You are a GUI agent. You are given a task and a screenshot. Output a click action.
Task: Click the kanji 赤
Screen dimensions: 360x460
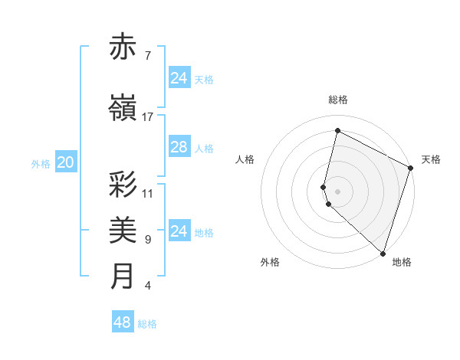tap(123, 47)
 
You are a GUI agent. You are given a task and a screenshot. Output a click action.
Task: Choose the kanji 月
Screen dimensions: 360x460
tap(123, 277)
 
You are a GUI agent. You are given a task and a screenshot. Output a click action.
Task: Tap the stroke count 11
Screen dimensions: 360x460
tap(148, 194)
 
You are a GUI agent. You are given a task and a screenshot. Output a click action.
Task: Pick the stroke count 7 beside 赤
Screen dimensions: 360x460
tap(148, 56)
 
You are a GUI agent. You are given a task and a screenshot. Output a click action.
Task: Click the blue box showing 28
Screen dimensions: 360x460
tap(179, 147)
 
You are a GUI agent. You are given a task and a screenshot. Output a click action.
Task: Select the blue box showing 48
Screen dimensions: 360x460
tap(123, 322)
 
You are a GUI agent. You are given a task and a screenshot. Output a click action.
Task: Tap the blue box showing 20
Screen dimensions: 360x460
tap(66, 162)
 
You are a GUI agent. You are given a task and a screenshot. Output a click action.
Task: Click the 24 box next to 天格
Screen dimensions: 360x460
tap(179, 78)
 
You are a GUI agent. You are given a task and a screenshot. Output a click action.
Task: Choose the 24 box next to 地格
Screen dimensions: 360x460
tap(179, 231)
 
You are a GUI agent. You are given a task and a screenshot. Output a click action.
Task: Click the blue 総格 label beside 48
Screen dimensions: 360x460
tap(147, 324)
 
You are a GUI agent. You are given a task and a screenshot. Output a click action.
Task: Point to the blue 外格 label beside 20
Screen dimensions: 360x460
tap(41, 163)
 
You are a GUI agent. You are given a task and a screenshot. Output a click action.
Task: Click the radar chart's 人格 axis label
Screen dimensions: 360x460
tap(245, 159)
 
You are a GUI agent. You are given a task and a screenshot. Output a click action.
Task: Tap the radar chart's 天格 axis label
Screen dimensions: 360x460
tap(431, 159)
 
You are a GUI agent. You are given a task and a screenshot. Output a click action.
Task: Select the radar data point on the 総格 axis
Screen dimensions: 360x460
tap(337, 131)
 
